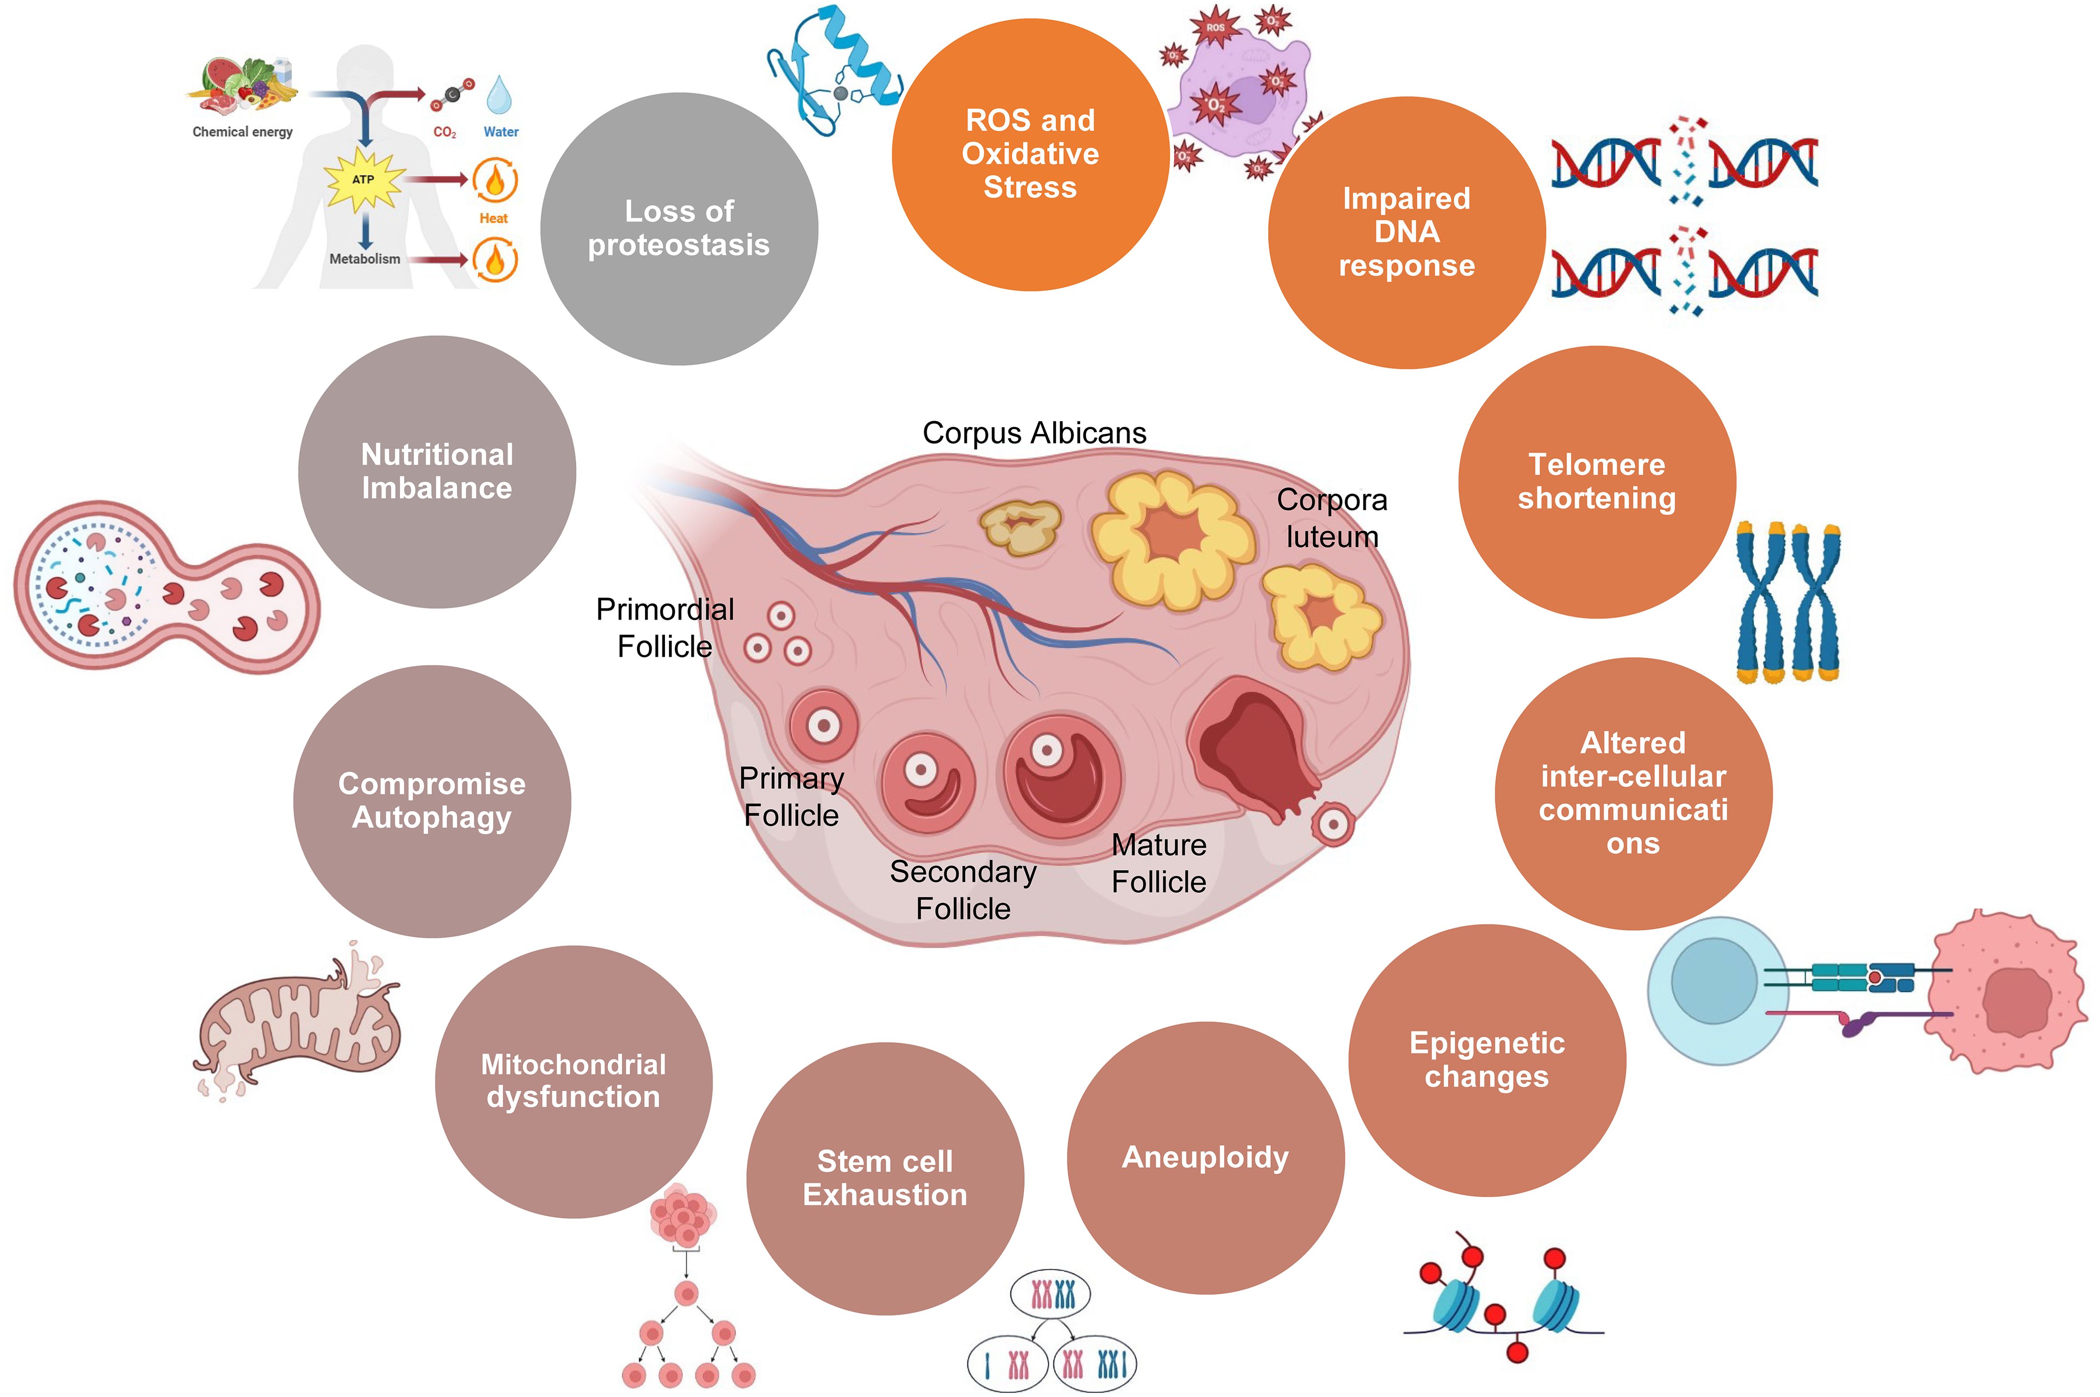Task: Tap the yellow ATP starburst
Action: point(363,179)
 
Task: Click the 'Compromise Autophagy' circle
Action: point(432,800)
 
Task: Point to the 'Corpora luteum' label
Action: point(1331,518)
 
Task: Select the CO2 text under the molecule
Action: point(445,132)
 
